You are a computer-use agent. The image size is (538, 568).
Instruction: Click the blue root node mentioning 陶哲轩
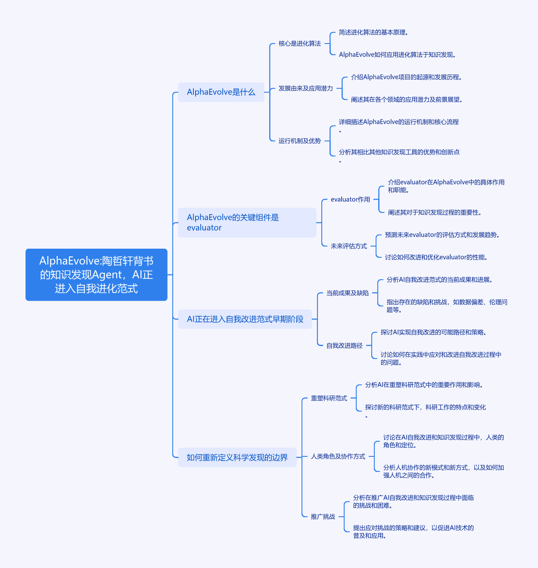click(x=96, y=275)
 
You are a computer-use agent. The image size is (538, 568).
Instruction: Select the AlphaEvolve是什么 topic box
click(x=221, y=92)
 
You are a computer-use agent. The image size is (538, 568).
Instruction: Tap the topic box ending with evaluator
click(x=247, y=222)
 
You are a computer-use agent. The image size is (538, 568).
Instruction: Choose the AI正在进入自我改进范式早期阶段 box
click(x=245, y=319)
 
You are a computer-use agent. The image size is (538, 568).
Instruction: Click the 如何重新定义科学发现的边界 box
click(x=237, y=457)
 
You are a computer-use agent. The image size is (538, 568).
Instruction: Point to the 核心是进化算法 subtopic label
click(x=299, y=44)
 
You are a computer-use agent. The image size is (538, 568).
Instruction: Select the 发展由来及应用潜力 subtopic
click(x=305, y=88)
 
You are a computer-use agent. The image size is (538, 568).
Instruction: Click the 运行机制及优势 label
click(x=299, y=141)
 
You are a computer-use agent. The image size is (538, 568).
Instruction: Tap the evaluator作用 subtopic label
click(x=350, y=200)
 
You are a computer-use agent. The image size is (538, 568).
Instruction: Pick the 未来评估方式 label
click(x=348, y=246)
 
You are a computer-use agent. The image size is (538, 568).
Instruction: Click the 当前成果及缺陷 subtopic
click(x=348, y=293)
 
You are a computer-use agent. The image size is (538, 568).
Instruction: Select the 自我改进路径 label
click(x=344, y=346)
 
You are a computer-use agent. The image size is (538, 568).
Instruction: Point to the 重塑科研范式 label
click(x=329, y=398)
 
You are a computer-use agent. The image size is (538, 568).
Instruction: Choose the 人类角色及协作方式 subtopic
click(x=338, y=456)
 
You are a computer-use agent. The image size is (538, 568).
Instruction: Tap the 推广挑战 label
click(x=323, y=517)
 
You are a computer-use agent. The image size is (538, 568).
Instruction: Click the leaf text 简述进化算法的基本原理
click(x=373, y=32)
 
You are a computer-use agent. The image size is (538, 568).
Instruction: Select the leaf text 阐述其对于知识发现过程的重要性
click(x=434, y=212)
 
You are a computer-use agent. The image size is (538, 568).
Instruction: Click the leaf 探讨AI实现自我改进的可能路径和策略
click(x=433, y=332)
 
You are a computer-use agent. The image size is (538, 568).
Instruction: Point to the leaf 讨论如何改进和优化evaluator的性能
click(x=436, y=257)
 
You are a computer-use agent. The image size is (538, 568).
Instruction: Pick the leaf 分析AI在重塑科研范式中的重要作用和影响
click(x=424, y=385)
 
